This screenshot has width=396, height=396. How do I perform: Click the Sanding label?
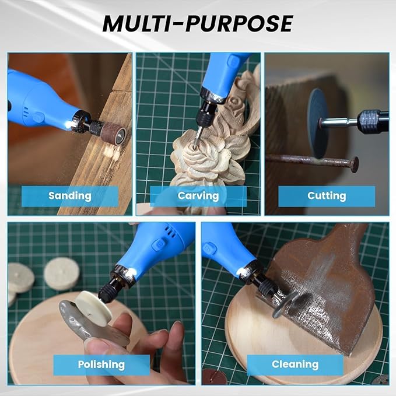coord(70,196)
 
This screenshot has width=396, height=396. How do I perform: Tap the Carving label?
coord(198,196)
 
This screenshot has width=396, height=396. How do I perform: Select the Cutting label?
coord(327,196)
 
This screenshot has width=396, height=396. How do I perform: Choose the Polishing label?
coord(101,365)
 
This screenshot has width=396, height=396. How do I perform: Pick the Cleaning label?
coord(295,365)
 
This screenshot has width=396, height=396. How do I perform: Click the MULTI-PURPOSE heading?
coord(198,23)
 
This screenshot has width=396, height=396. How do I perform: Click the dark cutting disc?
coord(318,124)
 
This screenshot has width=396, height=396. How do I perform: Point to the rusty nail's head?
coord(355,164)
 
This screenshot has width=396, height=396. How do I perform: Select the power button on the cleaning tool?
coord(209,249)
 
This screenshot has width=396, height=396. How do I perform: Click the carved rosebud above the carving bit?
coord(234,104)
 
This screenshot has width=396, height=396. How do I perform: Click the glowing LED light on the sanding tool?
coord(68,124)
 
